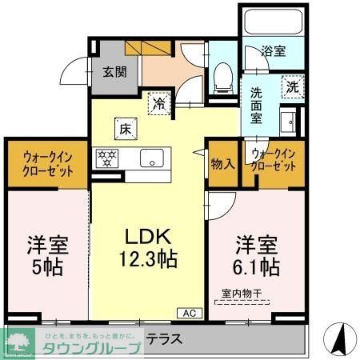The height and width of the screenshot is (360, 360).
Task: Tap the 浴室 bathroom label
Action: point(274,51)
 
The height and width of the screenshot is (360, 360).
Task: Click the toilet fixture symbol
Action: point(223,75)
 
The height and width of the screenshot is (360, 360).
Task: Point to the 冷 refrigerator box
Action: point(160,102)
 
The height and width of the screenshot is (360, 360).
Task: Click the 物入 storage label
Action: point(222,164)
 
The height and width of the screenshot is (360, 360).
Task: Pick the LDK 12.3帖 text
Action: point(149,249)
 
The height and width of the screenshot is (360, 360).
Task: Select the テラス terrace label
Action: point(165,339)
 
